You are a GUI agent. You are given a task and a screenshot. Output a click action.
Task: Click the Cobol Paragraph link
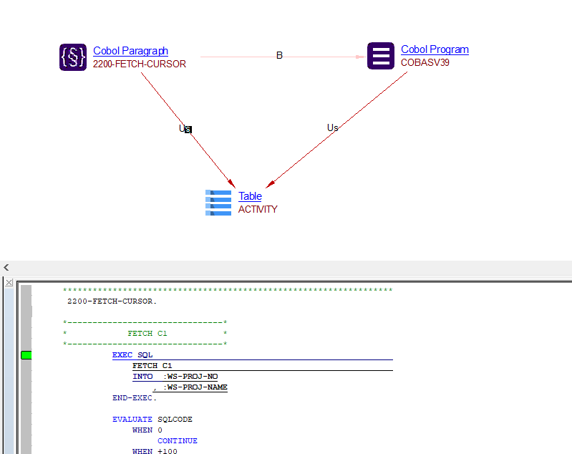pos(130,51)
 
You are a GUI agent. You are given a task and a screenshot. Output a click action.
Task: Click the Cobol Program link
pos(435,49)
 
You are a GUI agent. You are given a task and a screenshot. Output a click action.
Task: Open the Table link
pos(250,196)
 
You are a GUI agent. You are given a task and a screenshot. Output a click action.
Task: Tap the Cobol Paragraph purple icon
pos(73,57)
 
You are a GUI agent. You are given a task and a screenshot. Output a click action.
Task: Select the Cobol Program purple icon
pos(381,56)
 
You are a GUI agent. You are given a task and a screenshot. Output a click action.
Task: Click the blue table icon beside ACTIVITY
pos(218,203)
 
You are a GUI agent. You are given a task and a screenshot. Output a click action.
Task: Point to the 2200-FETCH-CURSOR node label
pos(140,64)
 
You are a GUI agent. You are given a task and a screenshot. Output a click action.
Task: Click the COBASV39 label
pos(425,62)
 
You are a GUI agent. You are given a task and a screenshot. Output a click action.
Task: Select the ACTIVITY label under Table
pos(258,209)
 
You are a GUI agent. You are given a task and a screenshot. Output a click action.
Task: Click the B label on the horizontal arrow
pos(279,55)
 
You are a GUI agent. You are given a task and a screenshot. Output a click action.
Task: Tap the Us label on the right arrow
pos(332,127)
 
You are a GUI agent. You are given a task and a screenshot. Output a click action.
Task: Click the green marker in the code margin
pos(26,355)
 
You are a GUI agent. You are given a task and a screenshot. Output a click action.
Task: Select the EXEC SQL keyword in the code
pos(132,355)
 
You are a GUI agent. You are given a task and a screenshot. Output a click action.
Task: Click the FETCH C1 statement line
pos(152,366)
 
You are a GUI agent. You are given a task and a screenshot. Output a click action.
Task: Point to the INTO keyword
pos(142,377)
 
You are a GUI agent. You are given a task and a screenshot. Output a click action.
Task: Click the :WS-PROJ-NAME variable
pos(195,387)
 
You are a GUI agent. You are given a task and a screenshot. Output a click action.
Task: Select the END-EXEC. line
pos(135,398)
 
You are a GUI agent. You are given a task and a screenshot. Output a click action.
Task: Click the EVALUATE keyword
pos(132,420)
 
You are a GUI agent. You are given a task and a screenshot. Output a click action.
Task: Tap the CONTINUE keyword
pos(178,441)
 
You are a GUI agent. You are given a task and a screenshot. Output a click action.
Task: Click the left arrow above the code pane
pos(6,267)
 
